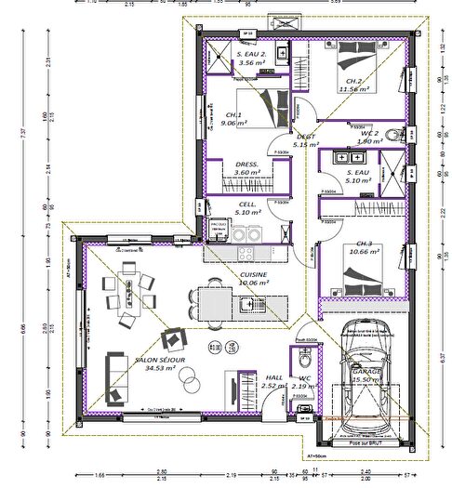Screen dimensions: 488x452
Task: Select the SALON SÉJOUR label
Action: coord(159,359)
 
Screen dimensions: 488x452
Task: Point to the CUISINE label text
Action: coord(253,275)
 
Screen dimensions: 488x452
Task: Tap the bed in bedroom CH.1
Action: coord(266,108)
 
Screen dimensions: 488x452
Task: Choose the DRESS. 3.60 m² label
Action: coord(246,167)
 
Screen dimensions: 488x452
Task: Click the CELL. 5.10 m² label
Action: coord(247,208)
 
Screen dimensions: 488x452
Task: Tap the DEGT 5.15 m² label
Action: coord(305,140)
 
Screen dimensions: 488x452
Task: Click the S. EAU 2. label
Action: coord(251,58)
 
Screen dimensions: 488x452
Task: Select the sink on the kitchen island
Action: coord(246,303)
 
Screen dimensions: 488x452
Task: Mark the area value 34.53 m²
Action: coord(161,368)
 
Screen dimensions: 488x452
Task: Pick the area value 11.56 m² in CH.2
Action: coord(355,91)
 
